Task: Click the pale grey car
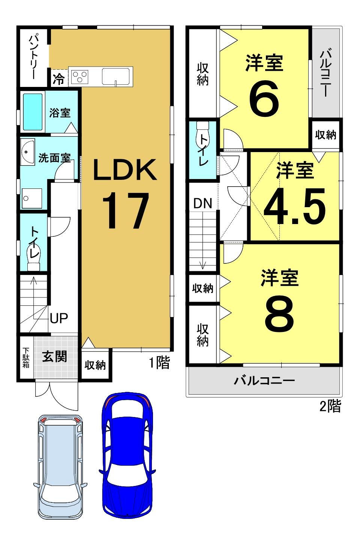click(x=60, y=469)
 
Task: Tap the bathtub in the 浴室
click(x=33, y=112)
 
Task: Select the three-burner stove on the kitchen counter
click(x=80, y=76)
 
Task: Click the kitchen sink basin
click(x=116, y=76)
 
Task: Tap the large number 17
click(x=125, y=211)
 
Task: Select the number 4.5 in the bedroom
click(x=295, y=206)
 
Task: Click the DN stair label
click(x=203, y=203)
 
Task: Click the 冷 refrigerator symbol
click(x=58, y=79)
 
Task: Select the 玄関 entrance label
click(x=54, y=357)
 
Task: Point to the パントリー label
click(x=33, y=57)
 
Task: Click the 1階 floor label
click(x=159, y=363)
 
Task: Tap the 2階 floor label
click(x=330, y=406)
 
